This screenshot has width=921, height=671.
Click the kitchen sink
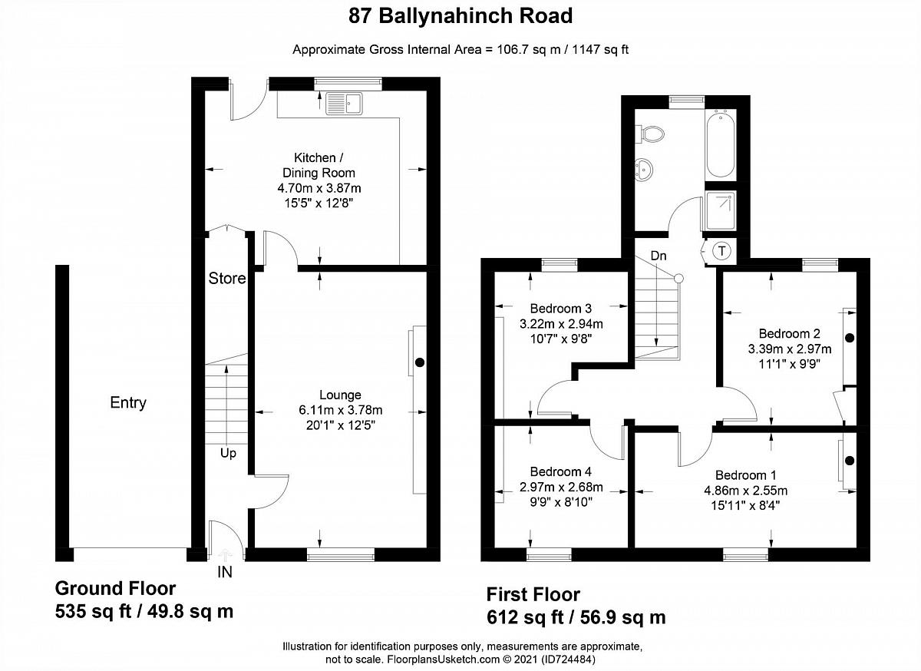pos(344,104)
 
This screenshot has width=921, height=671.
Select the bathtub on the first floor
pos(721,144)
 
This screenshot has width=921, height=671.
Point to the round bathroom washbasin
pos(644,170)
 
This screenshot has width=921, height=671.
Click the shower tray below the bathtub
pos(721,211)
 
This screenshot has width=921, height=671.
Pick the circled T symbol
pos(721,250)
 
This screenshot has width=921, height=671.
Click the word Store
pos(227,279)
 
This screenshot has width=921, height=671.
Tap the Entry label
pos(128,402)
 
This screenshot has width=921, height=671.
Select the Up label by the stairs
pos(228,454)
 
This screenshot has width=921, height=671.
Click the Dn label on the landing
pos(659,256)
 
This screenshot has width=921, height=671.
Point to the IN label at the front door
pos(224,572)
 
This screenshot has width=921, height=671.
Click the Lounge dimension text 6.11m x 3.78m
pos(341,410)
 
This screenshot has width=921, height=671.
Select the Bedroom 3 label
pos(561,308)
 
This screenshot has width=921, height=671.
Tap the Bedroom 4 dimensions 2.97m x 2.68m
pos(561,487)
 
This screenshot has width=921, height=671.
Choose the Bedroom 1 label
pos(746,475)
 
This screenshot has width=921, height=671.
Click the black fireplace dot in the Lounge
pos(420,362)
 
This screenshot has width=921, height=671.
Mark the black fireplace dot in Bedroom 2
pos(850,338)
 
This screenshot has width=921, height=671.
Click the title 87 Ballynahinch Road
pos(460,16)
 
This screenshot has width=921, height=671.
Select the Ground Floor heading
pos(116,588)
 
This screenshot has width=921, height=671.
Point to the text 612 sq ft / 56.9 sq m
pos(576,617)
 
